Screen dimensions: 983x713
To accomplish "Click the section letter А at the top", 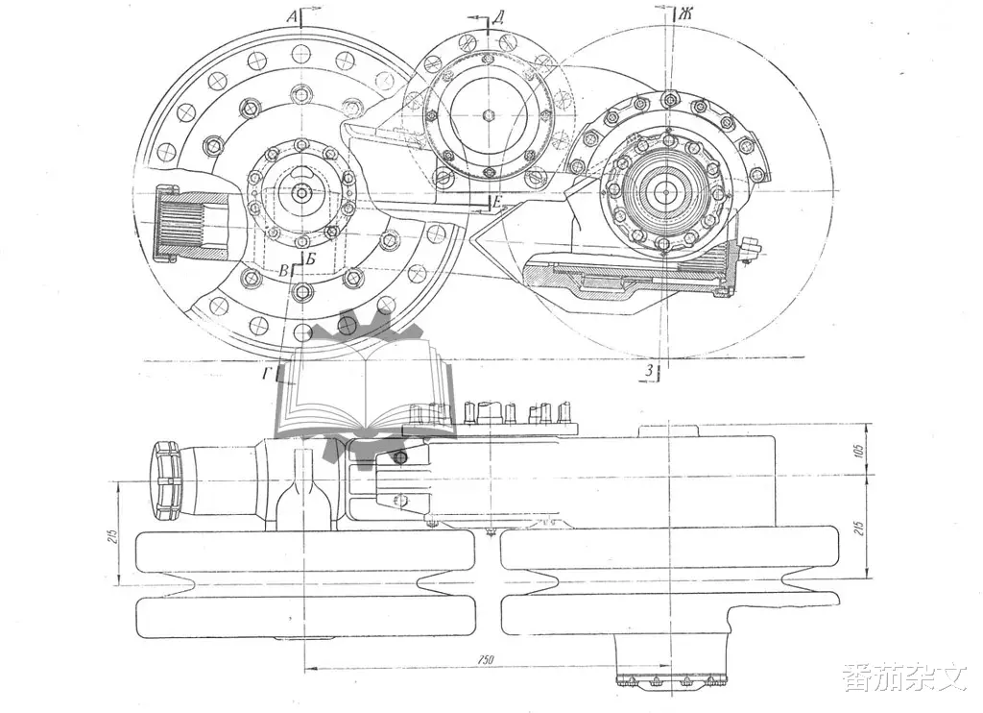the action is (292, 17).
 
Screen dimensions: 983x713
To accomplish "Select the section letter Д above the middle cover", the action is (498, 17).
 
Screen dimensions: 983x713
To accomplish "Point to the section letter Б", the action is (311, 258).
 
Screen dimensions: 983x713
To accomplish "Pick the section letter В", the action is (284, 271).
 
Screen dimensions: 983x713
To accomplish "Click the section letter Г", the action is (268, 375).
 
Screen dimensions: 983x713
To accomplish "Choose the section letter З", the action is (650, 371).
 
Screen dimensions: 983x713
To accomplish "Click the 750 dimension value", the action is (485, 659).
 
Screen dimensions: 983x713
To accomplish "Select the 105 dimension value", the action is (859, 450).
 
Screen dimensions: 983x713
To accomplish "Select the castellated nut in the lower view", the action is (165, 480).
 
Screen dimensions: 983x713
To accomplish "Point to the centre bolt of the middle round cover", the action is (489, 115).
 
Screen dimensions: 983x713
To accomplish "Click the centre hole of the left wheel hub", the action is (301, 193).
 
